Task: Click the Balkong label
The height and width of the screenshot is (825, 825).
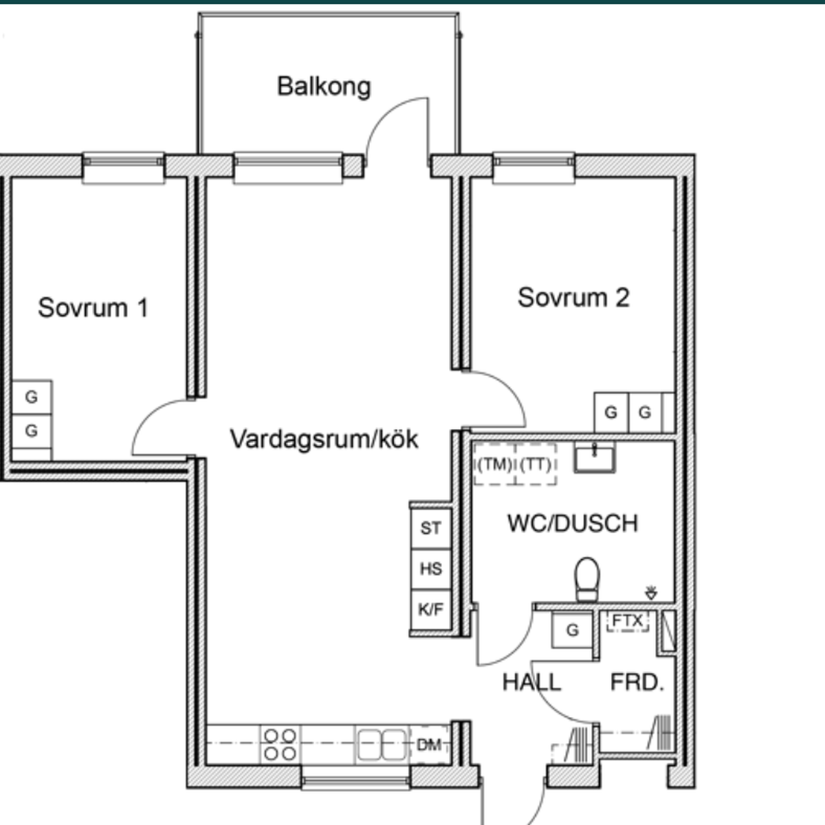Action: point(324,87)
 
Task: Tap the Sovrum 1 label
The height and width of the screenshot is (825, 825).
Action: point(93,307)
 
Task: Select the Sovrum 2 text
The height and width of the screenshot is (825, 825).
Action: point(573,298)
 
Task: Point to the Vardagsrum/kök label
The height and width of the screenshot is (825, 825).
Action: point(324,439)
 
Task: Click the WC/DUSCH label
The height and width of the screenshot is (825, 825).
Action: point(573,523)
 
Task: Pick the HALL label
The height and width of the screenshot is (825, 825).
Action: point(531,682)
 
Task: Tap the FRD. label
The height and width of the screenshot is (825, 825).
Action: point(637,682)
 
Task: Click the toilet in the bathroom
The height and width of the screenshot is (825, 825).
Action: point(587,580)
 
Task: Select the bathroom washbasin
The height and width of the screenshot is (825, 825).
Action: point(595,458)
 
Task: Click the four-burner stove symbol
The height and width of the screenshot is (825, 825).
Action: point(280,745)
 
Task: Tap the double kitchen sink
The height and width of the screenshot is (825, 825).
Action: point(382,745)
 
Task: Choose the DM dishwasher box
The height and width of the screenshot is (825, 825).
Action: point(429,745)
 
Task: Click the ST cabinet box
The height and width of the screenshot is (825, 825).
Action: point(430,528)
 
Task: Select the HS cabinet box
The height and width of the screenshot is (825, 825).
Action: point(430,569)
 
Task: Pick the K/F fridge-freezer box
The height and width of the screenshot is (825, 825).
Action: point(430,609)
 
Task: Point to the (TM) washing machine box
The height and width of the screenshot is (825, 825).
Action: point(494,465)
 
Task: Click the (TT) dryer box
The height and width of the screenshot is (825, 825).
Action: point(536,465)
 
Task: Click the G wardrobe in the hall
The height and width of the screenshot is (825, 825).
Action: point(573,630)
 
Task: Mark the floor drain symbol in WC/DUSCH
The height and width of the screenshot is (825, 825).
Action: point(651,593)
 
